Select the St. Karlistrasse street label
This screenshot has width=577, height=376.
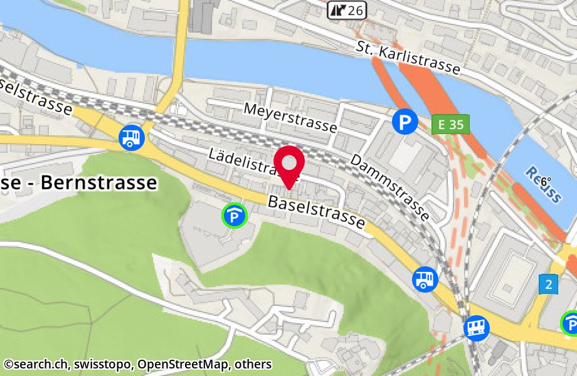[x=408, y=58]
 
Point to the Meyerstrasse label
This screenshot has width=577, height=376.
[x=290, y=118]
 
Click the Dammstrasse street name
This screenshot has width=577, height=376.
[x=389, y=187]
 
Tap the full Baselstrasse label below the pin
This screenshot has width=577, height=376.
[x=316, y=212]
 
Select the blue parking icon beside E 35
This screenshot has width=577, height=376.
[x=405, y=122]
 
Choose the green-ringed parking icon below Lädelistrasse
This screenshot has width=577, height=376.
[x=235, y=217]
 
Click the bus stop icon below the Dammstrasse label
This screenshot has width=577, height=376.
[x=425, y=279]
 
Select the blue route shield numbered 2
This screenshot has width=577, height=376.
[x=548, y=285]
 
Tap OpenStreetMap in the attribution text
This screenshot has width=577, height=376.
[x=189, y=364]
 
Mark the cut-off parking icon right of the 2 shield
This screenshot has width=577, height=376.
[x=570, y=323]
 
